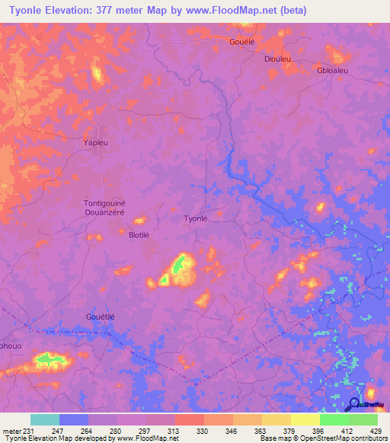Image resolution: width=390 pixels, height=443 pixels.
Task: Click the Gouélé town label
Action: [242, 43]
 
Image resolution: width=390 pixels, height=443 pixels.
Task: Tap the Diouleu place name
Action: [278, 59]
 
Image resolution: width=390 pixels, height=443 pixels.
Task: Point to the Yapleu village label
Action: [96, 142]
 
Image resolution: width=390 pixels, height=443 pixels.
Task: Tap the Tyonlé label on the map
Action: [196, 218]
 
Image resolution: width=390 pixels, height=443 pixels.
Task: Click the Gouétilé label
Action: [99, 317]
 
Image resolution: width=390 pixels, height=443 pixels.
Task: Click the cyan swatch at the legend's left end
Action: [44, 419]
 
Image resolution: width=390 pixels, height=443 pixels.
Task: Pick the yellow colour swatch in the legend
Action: [305, 419]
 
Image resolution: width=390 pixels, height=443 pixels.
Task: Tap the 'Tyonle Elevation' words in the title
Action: [50, 10]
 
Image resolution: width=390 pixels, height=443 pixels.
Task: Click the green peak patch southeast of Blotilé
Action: [178, 266]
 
